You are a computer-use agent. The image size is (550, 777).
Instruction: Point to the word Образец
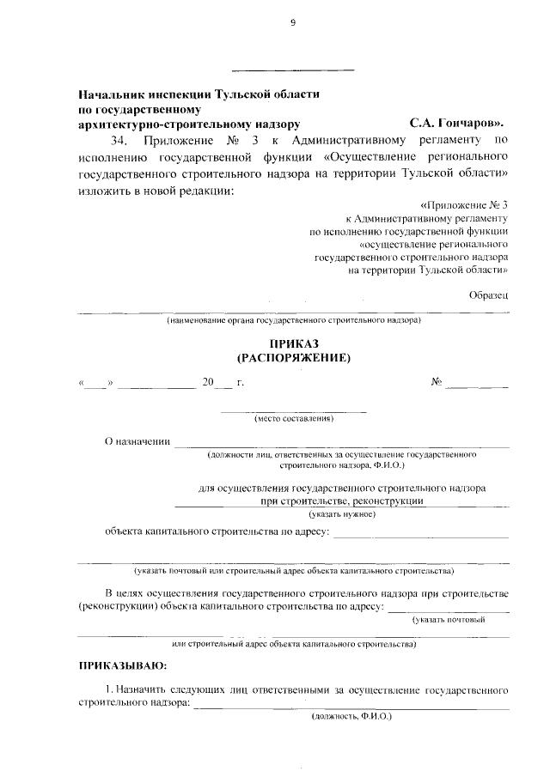coord(489,294)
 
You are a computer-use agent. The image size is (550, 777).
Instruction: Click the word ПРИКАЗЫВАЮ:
coord(122,665)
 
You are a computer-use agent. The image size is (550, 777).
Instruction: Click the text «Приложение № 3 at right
coord(465,206)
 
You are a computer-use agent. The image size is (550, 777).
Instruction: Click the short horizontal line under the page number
coord(293,70)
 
